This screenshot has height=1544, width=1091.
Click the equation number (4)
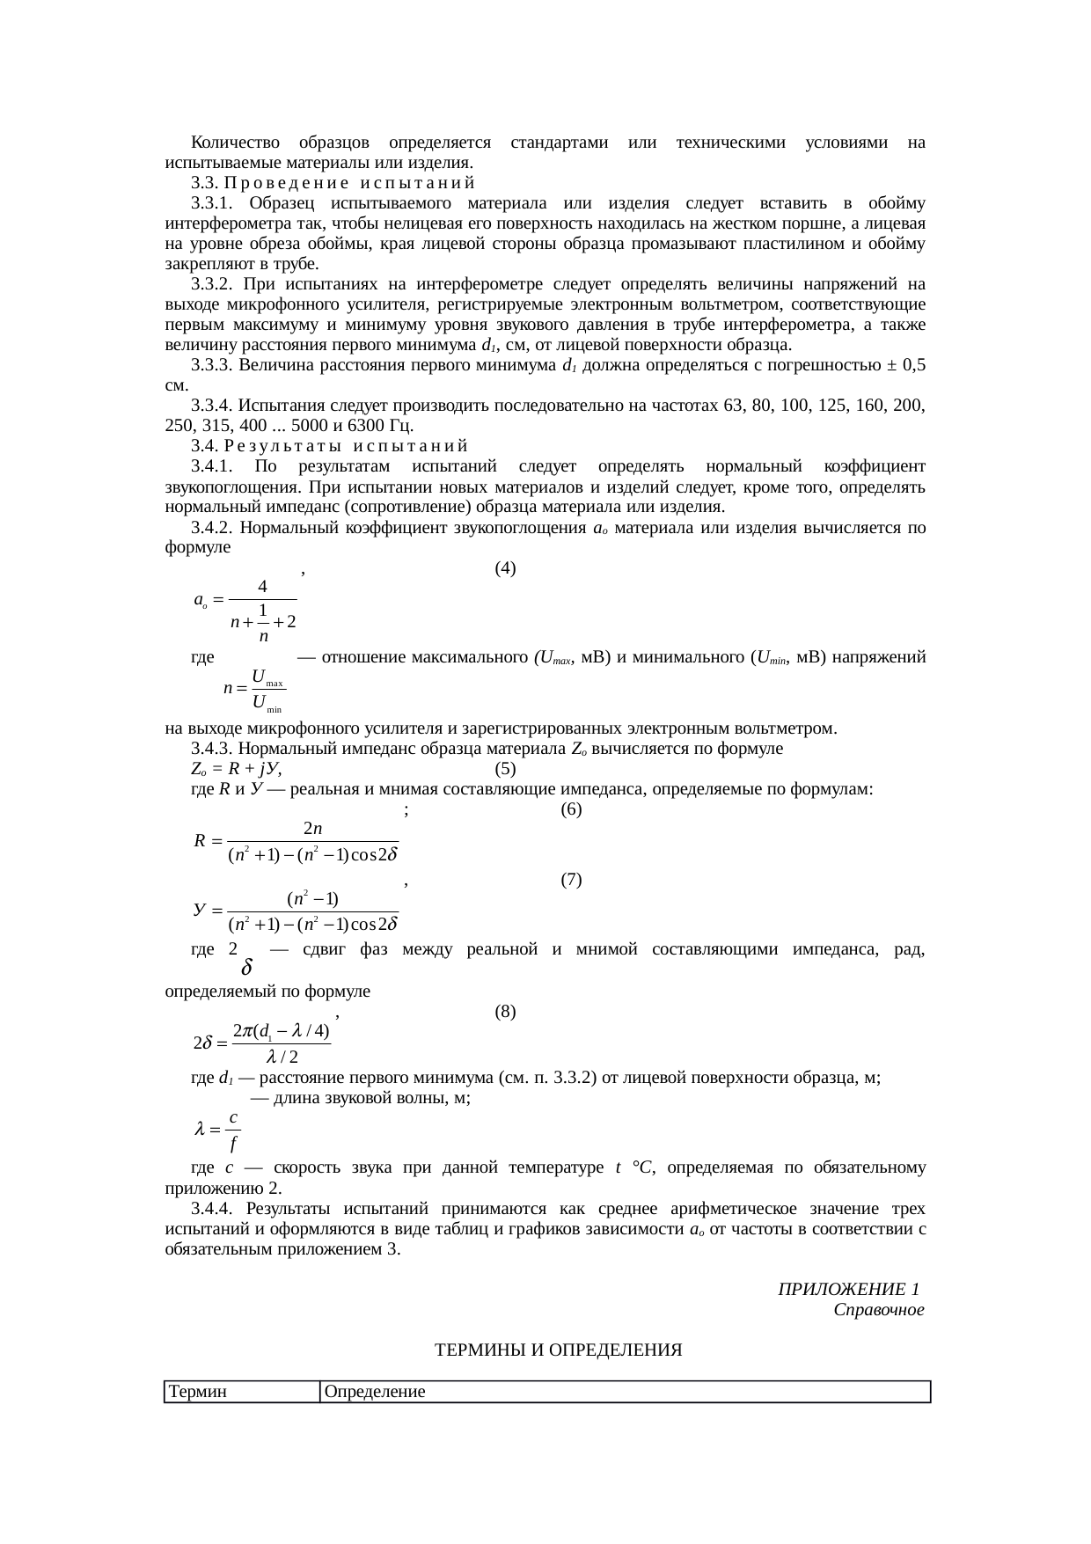(505, 568)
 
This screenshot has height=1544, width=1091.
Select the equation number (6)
(571, 809)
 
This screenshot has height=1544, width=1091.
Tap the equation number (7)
(571, 880)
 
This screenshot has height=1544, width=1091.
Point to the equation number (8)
(505, 1012)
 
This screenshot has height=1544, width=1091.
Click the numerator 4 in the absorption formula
(262, 586)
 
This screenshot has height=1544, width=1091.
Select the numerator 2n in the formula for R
(312, 829)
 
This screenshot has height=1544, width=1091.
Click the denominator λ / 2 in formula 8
(282, 1056)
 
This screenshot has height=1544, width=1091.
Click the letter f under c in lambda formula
(232, 1145)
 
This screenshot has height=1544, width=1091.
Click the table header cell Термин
(199, 1392)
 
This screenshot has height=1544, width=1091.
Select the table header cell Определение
(375, 1392)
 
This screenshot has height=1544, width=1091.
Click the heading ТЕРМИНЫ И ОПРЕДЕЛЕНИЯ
(559, 1350)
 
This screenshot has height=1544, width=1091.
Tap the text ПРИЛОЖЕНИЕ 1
(849, 1290)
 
